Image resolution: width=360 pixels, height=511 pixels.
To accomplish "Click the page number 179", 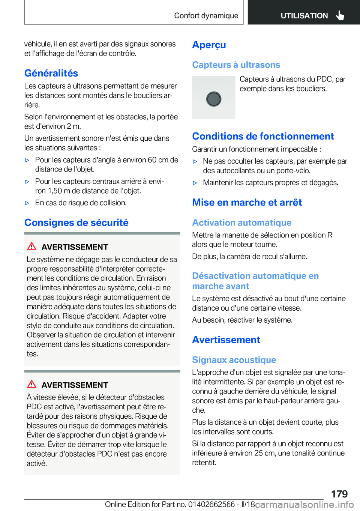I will [x=339, y=494].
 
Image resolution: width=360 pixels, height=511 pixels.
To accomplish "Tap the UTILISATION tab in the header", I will [x=304, y=16].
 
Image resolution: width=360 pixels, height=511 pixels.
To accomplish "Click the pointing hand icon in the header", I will [x=340, y=15].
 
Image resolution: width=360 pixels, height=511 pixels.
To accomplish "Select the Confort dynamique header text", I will [x=206, y=16].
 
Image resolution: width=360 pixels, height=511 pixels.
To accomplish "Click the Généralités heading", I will [x=51, y=73].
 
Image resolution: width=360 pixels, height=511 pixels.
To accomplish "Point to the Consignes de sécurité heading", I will [x=76, y=222].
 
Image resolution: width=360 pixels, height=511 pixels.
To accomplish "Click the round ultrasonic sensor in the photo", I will [x=214, y=99].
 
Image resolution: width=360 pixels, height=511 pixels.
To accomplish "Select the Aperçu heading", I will [x=209, y=45].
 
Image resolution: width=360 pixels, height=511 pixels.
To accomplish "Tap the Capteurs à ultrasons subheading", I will [x=236, y=65].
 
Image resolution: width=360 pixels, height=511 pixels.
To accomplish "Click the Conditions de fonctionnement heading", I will [x=263, y=136].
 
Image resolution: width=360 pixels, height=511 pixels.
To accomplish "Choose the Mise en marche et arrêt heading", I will [x=247, y=203].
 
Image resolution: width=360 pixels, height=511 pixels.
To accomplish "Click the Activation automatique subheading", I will [x=241, y=223].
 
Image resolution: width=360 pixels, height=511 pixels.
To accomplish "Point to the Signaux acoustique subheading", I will [x=234, y=360].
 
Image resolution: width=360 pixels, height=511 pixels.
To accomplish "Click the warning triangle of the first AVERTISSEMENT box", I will [x=32, y=246].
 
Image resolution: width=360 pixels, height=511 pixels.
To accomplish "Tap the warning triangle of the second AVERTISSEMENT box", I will [x=32, y=384].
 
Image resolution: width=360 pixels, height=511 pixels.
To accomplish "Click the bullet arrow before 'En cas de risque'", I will [x=27, y=203].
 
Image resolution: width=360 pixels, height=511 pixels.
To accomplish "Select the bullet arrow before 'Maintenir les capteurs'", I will [x=195, y=183].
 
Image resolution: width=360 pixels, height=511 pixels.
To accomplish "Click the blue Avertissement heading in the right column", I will [x=226, y=340].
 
